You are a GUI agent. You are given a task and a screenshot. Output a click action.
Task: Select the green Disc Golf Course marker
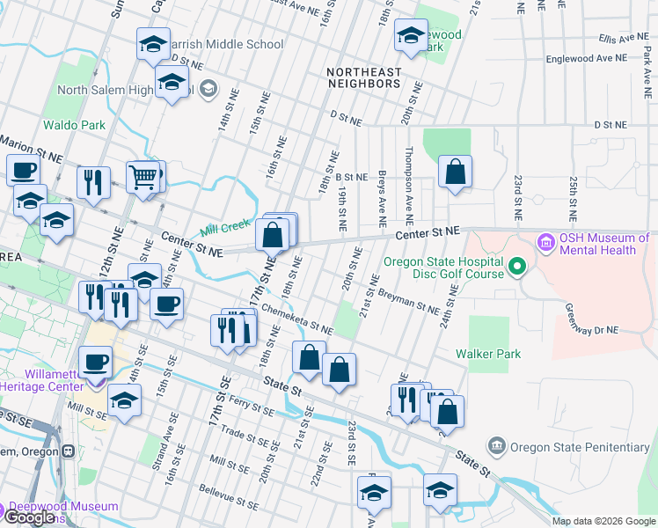tap(518, 265)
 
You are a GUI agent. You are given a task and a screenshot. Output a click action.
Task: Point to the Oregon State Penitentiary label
tap(581, 447)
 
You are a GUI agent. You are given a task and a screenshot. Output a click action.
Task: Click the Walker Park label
tap(487, 354)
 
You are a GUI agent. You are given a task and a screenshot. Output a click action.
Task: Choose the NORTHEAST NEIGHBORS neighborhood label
tap(363, 77)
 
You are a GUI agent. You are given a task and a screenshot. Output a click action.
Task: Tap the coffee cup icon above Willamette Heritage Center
tap(96, 361)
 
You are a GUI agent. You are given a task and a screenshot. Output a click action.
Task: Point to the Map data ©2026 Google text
tap(603, 521)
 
